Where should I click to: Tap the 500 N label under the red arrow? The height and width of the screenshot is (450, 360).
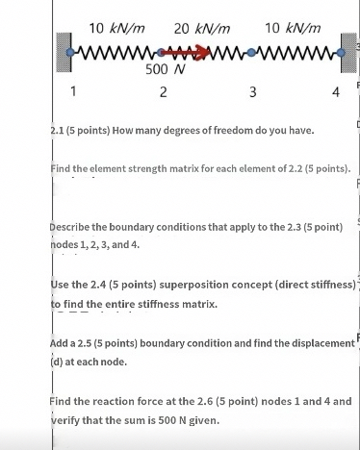click(165, 69)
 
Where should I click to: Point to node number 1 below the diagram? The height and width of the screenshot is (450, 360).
click(72, 92)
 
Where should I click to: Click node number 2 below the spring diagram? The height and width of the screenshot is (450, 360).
click(164, 92)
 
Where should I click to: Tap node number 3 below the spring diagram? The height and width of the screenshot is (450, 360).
click(252, 92)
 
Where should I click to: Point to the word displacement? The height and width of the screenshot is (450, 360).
click(312, 344)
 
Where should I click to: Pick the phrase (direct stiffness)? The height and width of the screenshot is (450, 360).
click(305, 286)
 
